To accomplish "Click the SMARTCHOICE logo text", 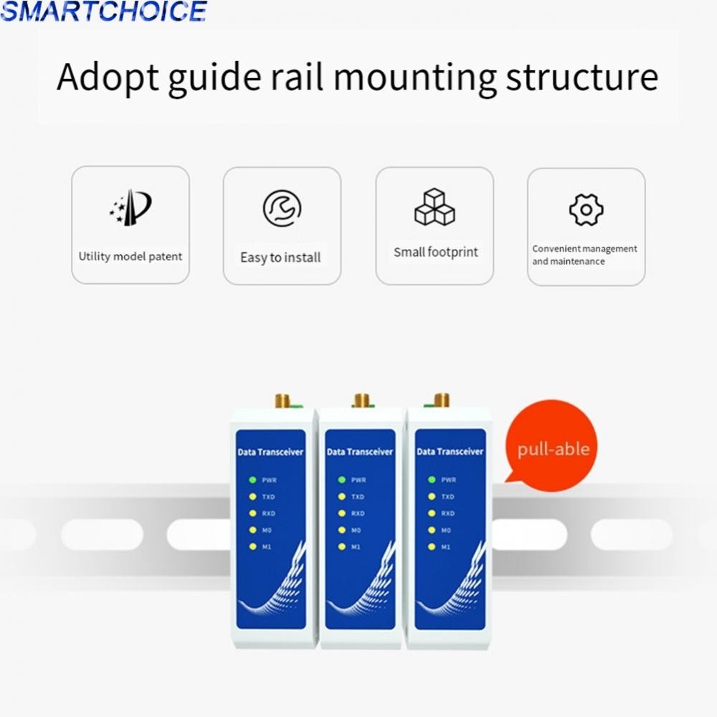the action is click(x=104, y=11).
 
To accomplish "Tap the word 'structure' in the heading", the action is click(x=581, y=77).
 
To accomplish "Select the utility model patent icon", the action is click(x=130, y=207).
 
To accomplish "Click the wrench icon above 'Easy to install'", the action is click(x=282, y=209).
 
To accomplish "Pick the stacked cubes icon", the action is click(x=435, y=206).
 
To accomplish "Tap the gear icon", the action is click(x=587, y=210).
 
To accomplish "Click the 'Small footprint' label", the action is click(x=436, y=252).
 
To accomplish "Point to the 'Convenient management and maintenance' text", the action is click(x=584, y=255).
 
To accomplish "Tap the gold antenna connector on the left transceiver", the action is click(x=282, y=401).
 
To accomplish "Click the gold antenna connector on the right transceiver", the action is click(x=441, y=400).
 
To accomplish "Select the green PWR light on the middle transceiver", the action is click(x=341, y=480).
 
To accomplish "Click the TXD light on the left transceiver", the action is click(x=252, y=497).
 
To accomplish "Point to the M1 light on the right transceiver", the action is click(x=431, y=546).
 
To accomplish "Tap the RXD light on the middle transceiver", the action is click(x=341, y=513).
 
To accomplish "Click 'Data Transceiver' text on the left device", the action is click(x=270, y=452).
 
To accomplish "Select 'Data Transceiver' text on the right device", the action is click(x=450, y=452).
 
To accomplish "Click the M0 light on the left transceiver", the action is click(x=252, y=530).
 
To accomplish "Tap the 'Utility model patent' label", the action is click(x=130, y=257).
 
